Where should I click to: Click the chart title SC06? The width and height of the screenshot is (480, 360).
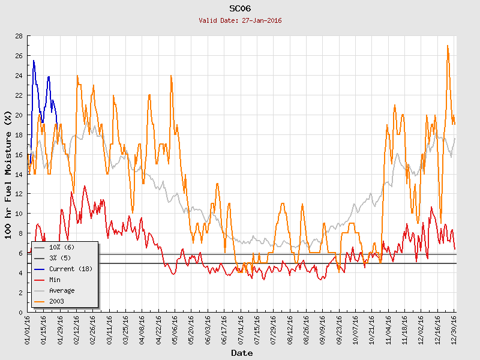pyautogui.click(x=240, y=8)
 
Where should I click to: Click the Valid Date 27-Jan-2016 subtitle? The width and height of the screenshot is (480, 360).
pyautogui.click(x=240, y=20)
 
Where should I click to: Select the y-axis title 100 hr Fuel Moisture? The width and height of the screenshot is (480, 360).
pyautogui.click(x=8, y=174)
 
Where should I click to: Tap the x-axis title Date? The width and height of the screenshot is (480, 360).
pyautogui.click(x=242, y=353)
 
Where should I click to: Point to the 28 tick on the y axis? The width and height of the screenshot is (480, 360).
pyautogui.click(x=19, y=36)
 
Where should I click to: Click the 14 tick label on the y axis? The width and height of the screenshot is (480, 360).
pyautogui.click(x=19, y=174)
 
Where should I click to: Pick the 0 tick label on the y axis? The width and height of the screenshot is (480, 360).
pyautogui.click(x=21, y=312)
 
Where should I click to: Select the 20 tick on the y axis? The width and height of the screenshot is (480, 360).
pyautogui.click(x=19, y=115)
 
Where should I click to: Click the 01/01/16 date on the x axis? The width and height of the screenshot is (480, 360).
pyautogui.click(x=28, y=328)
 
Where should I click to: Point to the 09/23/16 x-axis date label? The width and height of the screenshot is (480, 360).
pyautogui.click(x=340, y=328)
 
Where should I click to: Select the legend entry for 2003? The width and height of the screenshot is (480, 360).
pyautogui.click(x=57, y=301)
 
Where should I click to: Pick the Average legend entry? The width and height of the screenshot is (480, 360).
pyautogui.click(x=62, y=290)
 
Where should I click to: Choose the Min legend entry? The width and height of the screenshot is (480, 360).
pyautogui.click(x=55, y=280)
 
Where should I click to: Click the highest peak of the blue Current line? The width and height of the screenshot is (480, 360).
pyautogui.click(x=34, y=61)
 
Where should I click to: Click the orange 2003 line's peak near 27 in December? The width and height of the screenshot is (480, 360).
pyautogui.click(x=448, y=46)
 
